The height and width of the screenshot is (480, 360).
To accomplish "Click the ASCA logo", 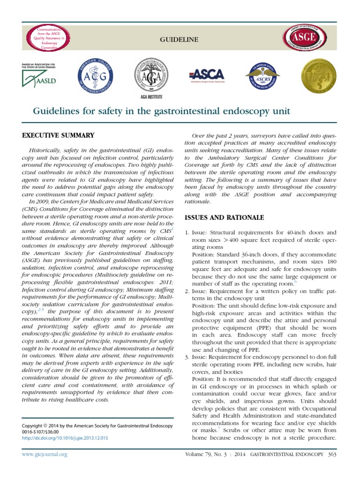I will [207, 75].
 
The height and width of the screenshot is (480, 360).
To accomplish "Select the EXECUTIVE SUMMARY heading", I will [58, 135].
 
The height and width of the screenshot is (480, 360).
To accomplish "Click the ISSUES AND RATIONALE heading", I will [225, 217].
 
